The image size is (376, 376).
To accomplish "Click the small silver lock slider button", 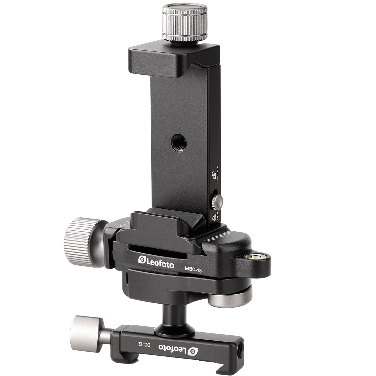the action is tap(217, 202).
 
